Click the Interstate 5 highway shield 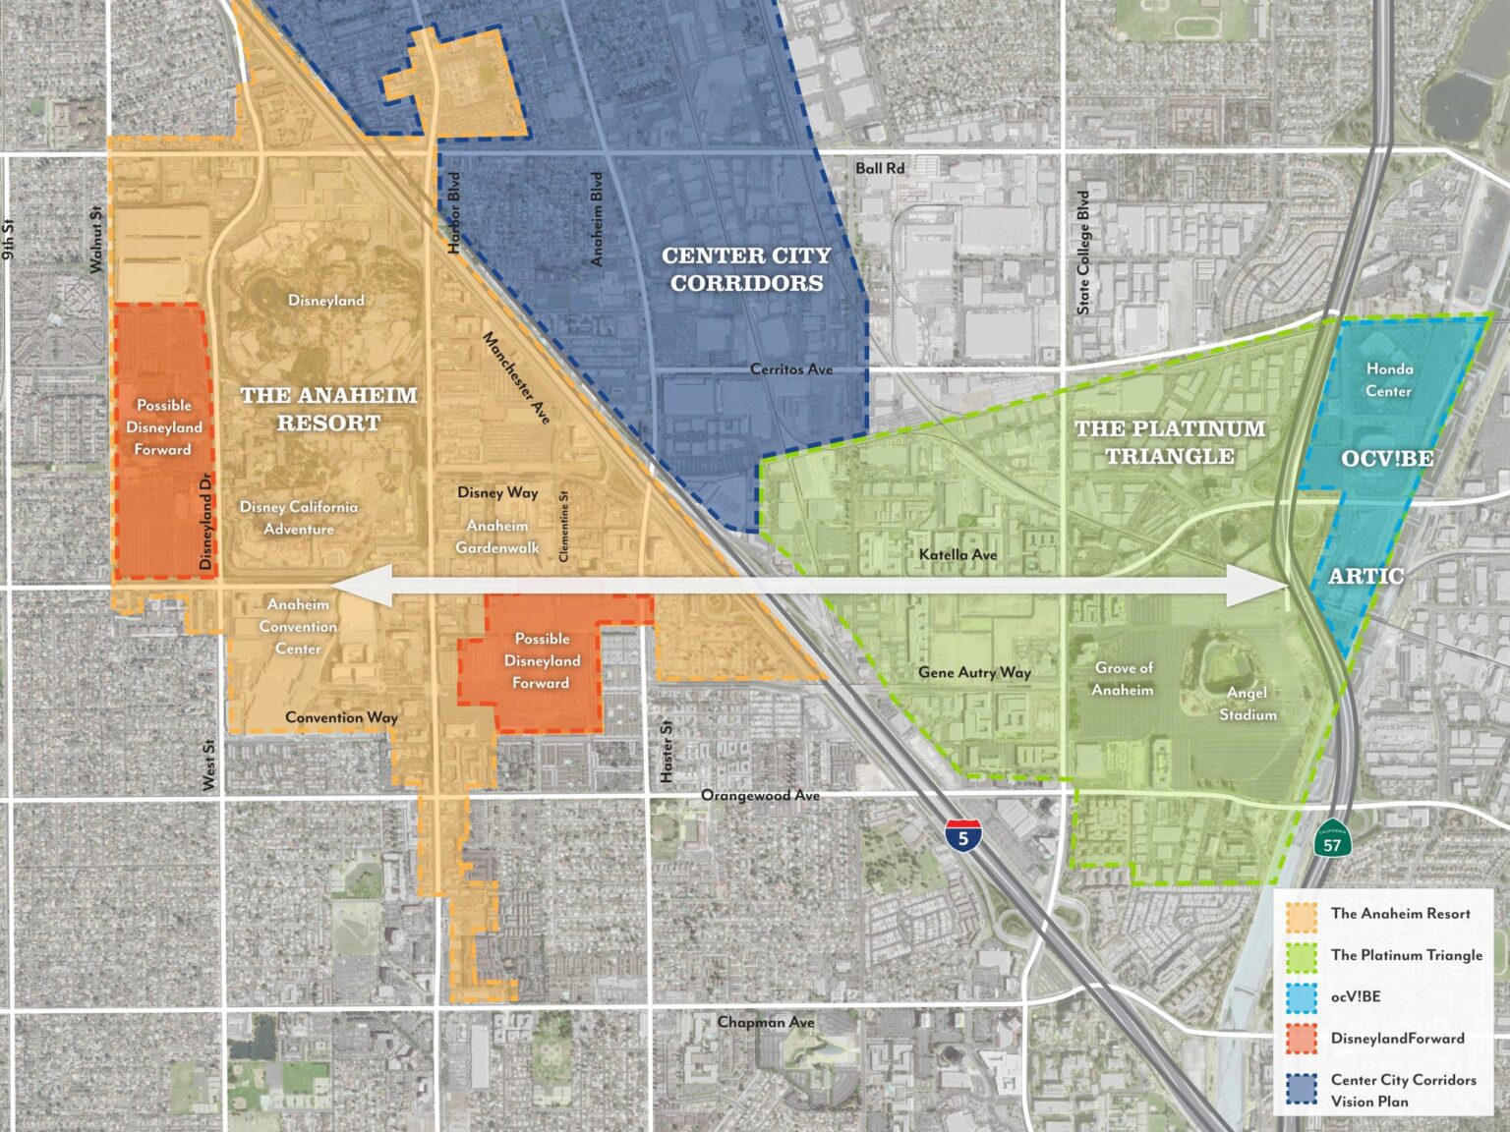click(x=962, y=836)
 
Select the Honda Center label click(x=1389, y=379)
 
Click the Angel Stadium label click(x=1248, y=704)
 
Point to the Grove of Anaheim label click(x=1123, y=679)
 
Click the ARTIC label click(x=1365, y=576)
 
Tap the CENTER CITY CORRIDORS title click(x=746, y=269)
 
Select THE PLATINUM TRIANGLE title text click(x=1170, y=442)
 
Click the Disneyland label click(x=325, y=301)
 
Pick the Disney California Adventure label click(x=299, y=518)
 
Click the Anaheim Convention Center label click(x=298, y=627)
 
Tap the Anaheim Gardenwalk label click(x=497, y=537)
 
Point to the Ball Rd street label click(x=879, y=168)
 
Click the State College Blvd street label click(x=1083, y=253)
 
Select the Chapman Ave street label click(x=765, y=1022)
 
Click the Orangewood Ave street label click(x=760, y=795)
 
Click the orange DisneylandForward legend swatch click(x=1302, y=1039)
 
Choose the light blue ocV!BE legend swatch click(x=1302, y=996)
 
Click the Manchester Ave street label click(x=516, y=377)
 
